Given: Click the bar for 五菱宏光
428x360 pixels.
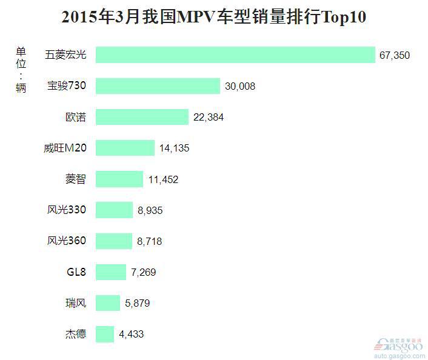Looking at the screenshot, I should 235,55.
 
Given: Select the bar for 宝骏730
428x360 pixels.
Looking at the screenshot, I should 158,86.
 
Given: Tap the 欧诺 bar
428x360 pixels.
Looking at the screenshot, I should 142,117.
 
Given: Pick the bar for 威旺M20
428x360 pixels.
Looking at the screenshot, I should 125,148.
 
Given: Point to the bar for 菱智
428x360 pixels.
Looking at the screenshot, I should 119,179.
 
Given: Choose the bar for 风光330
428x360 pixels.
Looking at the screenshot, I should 114,210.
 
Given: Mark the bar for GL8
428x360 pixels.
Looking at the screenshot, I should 111,272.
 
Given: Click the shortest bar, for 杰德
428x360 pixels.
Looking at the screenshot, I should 105,334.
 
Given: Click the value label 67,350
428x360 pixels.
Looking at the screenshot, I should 395,55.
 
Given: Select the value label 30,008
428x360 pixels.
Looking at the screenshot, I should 240,87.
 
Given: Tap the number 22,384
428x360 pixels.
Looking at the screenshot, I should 209,118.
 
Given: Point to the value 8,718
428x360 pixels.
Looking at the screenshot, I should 150,241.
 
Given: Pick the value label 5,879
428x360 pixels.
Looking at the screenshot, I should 138,303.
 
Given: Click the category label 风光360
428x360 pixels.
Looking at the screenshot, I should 67,241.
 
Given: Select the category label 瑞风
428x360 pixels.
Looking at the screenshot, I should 76,302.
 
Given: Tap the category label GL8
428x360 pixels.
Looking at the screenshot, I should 76,272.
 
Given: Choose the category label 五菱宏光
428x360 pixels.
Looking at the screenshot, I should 65,55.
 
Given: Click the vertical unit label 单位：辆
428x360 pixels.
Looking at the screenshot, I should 21,69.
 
